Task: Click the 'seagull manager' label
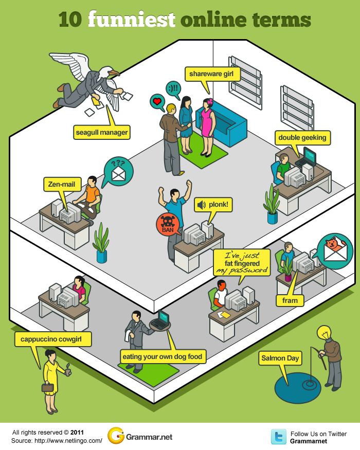click(x=102, y=133)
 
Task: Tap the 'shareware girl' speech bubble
click(x=211, y=74)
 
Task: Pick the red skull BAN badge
click(x=168, y=224)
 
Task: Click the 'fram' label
click(x=290, y=300)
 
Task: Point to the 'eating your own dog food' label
click(x=163, y=356)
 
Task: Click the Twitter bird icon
click(x=279, y=437)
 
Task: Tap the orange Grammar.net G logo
click(x=116, y=437)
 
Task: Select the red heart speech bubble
click(x=156, y=101)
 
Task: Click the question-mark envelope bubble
click(x=118, y=171)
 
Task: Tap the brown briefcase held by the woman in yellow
click(x=48, y=387)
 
